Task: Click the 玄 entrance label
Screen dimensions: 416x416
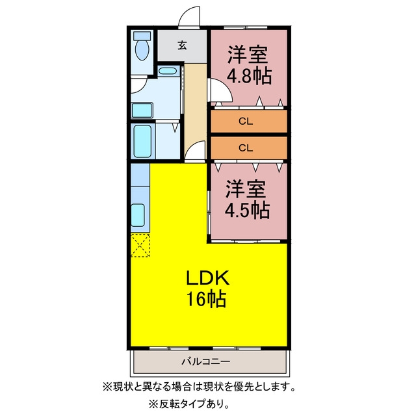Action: [x=182, y=45]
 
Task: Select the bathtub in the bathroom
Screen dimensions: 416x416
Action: [x=143, y=141]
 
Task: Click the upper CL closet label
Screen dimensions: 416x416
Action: [x=246, y=122]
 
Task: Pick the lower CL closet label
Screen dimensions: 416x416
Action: [x=246, y=148]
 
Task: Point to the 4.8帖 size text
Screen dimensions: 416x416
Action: [x=249, y=76]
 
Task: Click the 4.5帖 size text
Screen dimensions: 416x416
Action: [x=247, y=210]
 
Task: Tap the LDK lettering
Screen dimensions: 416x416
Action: [x=207, y=278]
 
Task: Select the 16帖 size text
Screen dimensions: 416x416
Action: [x=207, y=299]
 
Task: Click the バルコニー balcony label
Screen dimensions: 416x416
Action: [x=205, y=361]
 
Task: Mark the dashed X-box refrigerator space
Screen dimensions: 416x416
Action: [x=140, y=245]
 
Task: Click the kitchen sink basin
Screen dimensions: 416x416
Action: [x=138, y=215]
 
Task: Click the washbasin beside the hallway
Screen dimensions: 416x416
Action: [x=168, y=71]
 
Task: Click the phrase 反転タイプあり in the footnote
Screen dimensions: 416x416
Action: [x=189, y=404]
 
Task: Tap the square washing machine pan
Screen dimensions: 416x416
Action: [x=142, y=110]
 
